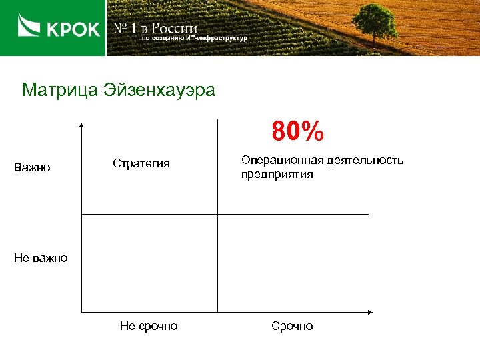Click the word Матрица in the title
click(59, 89)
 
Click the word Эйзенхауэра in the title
click(159, 89)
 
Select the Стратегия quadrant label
click(141, 163)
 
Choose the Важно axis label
click(32, 167)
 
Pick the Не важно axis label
click(41, 258)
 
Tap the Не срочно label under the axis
click(149, 326)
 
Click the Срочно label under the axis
click(292, 326)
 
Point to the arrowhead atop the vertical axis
click(81, 125)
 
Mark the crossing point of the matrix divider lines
click(217, 214)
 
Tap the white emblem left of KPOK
click(28, 28)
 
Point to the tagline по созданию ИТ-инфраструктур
click(194, 39)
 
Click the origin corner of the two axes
click(81, 311)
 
